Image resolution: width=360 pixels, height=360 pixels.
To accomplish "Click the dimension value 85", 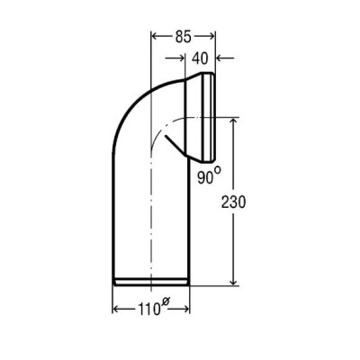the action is click(x=183, y=37).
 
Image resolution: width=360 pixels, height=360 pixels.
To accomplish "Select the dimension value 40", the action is click(x=200, y=58).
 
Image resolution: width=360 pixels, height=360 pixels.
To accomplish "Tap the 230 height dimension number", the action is click(x=233, y=202).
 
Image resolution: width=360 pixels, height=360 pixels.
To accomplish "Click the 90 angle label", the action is click(x=204, y=177).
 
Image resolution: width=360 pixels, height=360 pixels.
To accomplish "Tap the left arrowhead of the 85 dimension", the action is click(x=156, y=37).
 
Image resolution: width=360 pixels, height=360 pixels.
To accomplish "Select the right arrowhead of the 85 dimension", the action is click(x=211, y=37).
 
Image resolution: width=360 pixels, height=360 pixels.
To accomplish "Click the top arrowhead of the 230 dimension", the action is click(x=233, y=122).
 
